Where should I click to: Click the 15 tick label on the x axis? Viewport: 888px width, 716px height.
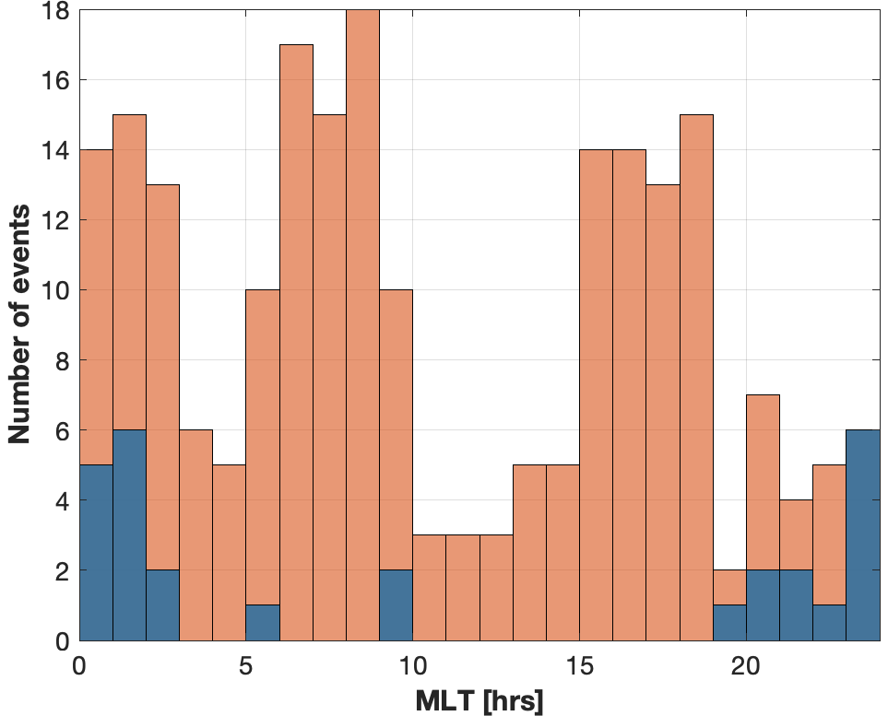[579, 665]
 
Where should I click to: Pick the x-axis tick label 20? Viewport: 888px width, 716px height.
[745, 665]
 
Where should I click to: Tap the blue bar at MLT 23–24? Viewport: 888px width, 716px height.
[862, 534]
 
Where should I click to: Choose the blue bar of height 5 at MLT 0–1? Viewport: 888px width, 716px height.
[96, 553]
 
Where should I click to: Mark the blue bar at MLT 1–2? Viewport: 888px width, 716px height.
[129, 534]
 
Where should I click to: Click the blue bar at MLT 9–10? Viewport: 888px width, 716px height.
[396, 605]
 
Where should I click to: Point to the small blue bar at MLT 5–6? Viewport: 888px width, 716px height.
[263, 623]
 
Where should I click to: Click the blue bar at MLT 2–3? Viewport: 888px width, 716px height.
[162, 605]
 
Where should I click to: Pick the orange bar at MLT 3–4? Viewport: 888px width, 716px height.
[195, 534]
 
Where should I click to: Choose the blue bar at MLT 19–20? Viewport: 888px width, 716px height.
[728, 623]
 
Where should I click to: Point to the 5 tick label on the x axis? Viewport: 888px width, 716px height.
[245, 665]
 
